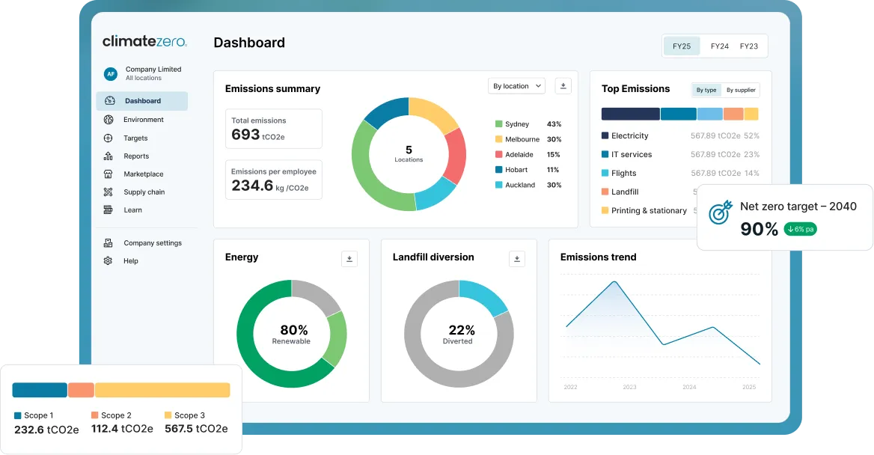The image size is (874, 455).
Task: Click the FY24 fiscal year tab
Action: click(x=720, y=46)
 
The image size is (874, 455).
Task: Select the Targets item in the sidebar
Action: click(x=135, y=138)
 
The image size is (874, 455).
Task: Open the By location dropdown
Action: click(x=517, y=86)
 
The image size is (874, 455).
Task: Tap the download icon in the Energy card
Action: click(x=349, y=259)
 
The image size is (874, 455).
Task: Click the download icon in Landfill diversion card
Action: click(x=517, y=259)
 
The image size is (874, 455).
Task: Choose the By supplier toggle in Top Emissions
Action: click(x=741, y=90)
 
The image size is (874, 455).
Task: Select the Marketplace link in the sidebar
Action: click(x=143, y=174)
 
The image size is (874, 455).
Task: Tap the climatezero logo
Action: click(x=144, y=40)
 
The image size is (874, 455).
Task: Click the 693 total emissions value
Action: click(x=245, y=135)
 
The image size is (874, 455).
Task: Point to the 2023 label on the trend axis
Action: click(x=629, y=387)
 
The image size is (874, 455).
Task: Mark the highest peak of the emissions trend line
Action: click(x=615, y=281)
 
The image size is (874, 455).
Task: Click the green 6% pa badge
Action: click(x=801, y=229)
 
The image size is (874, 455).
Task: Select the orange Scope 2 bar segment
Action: click(x=81, y=390)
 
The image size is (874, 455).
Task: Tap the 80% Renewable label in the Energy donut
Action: click(x=292, y=334)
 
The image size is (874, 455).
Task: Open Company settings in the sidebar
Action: click(x=153, y=243)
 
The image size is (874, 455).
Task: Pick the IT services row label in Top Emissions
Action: click(x=632, y=154)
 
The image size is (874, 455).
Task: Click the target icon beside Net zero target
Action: click(x=720, y=213)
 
